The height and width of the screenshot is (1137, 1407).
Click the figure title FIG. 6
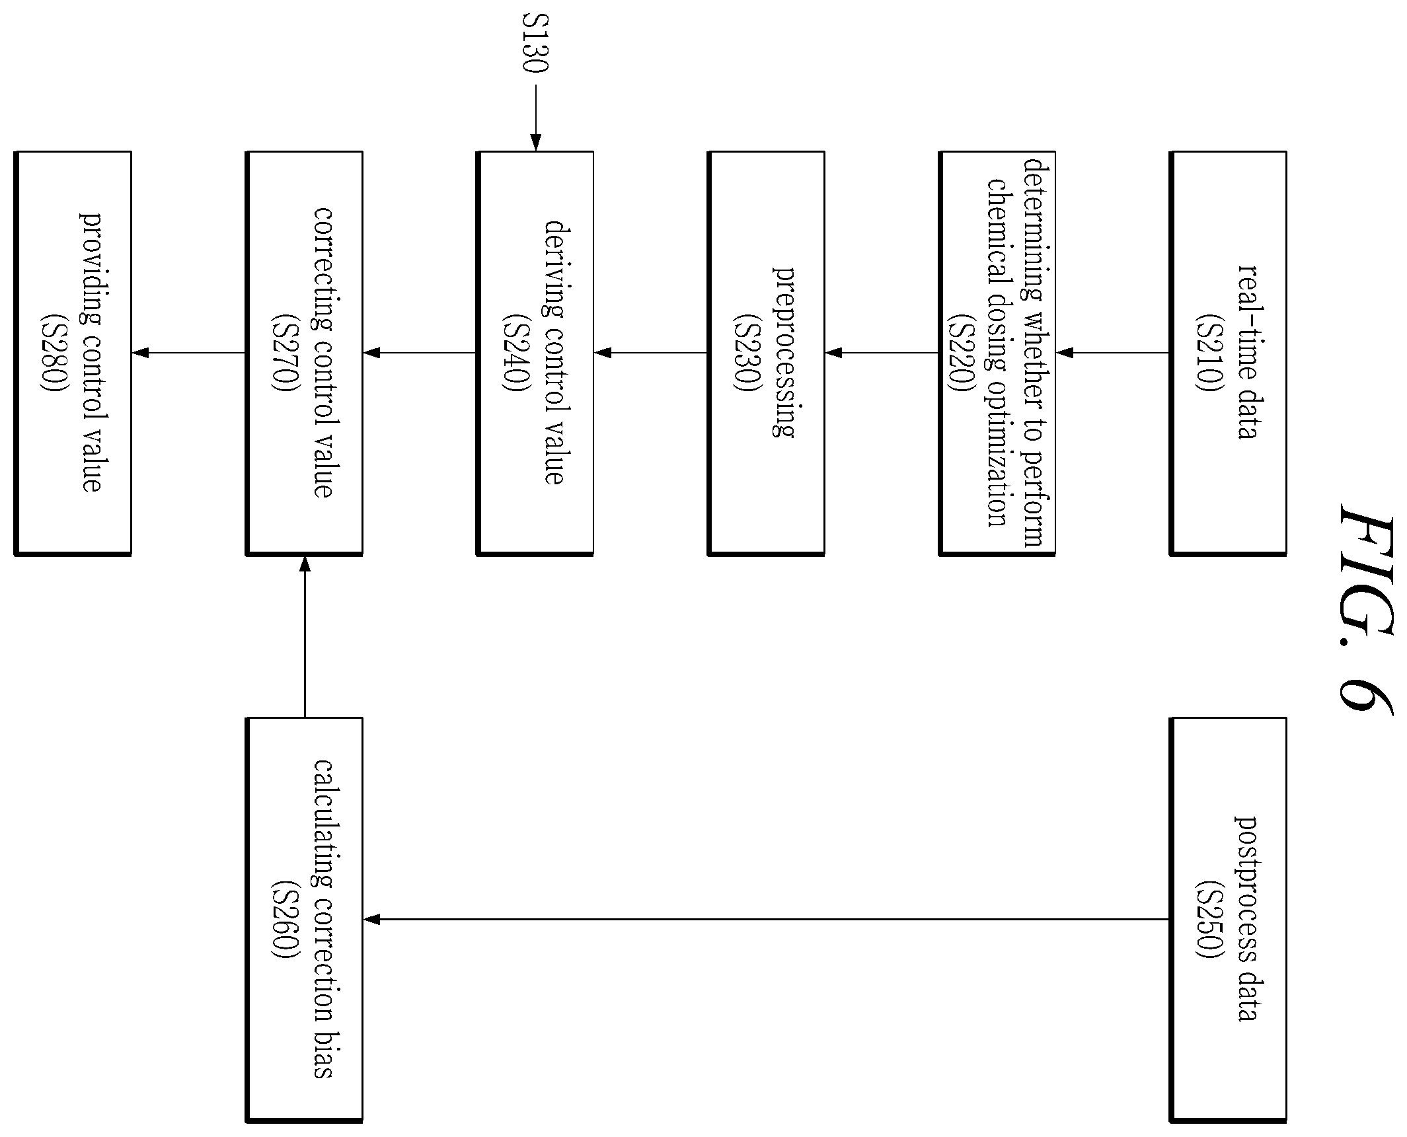coord(1366,608)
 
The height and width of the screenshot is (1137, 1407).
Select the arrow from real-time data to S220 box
coord(1113,353)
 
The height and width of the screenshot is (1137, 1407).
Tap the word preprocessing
coord(784,352)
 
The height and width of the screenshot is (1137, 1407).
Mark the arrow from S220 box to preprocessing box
coord(882,353)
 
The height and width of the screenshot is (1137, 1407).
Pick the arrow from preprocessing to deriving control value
coord(651,353)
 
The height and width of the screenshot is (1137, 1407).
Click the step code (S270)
coord(284,353)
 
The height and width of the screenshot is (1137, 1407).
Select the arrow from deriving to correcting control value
coord(420,353)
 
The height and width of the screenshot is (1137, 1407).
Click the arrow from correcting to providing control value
coord(189,353)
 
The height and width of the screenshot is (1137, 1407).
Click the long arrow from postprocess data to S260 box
coord(767,919)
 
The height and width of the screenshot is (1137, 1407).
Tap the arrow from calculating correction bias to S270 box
coord(304,636)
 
